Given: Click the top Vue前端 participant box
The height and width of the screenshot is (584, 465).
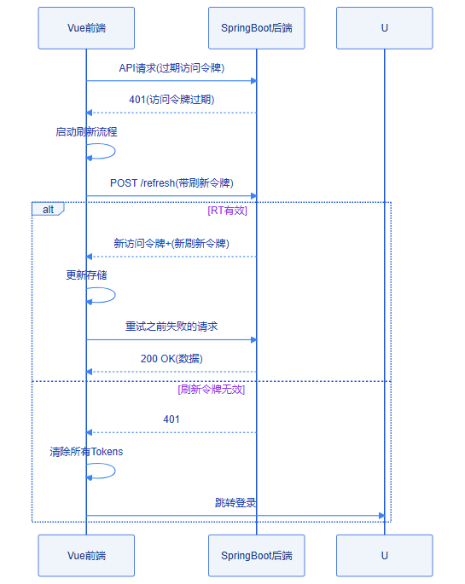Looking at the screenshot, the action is tap(86, 28).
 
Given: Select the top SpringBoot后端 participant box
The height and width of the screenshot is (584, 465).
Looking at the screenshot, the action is tap(256, 28).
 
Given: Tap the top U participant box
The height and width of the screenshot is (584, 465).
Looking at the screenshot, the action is tap(385, 28).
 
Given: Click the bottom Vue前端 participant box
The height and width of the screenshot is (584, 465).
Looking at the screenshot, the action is tap(86, 556).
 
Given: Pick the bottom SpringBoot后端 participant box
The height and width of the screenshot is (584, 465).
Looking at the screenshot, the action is tap(256, 556).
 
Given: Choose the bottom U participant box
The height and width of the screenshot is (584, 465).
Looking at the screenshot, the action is tap(385, 556).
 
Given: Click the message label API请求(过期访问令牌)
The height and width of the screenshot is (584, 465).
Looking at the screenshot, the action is tap(171, 68).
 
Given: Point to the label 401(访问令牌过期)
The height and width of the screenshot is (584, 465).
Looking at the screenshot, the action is tap(171, 100).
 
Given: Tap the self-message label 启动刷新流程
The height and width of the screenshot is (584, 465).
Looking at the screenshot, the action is tap(86, 132).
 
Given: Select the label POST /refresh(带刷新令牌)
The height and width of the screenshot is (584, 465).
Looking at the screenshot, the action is tap(171, 182).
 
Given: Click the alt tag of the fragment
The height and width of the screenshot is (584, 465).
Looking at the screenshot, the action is tap(48, 210).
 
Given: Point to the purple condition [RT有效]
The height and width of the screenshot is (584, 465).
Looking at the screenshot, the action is tap(227, 211).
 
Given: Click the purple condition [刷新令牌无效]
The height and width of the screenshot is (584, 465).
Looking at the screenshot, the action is tap(212, 390).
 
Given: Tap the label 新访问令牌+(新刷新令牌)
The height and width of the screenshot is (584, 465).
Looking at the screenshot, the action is tap(171, 244).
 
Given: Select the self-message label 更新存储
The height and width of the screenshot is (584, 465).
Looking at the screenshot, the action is tap(86, 275).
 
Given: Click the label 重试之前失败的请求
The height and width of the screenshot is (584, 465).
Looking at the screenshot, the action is tap(171, 327).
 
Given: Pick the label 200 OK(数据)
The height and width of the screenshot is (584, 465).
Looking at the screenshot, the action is tap(171, 359).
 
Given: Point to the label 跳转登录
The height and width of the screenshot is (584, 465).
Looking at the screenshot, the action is tap(235, 503).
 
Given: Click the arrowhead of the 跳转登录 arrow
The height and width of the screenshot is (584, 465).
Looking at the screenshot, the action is tap(381, 516).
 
